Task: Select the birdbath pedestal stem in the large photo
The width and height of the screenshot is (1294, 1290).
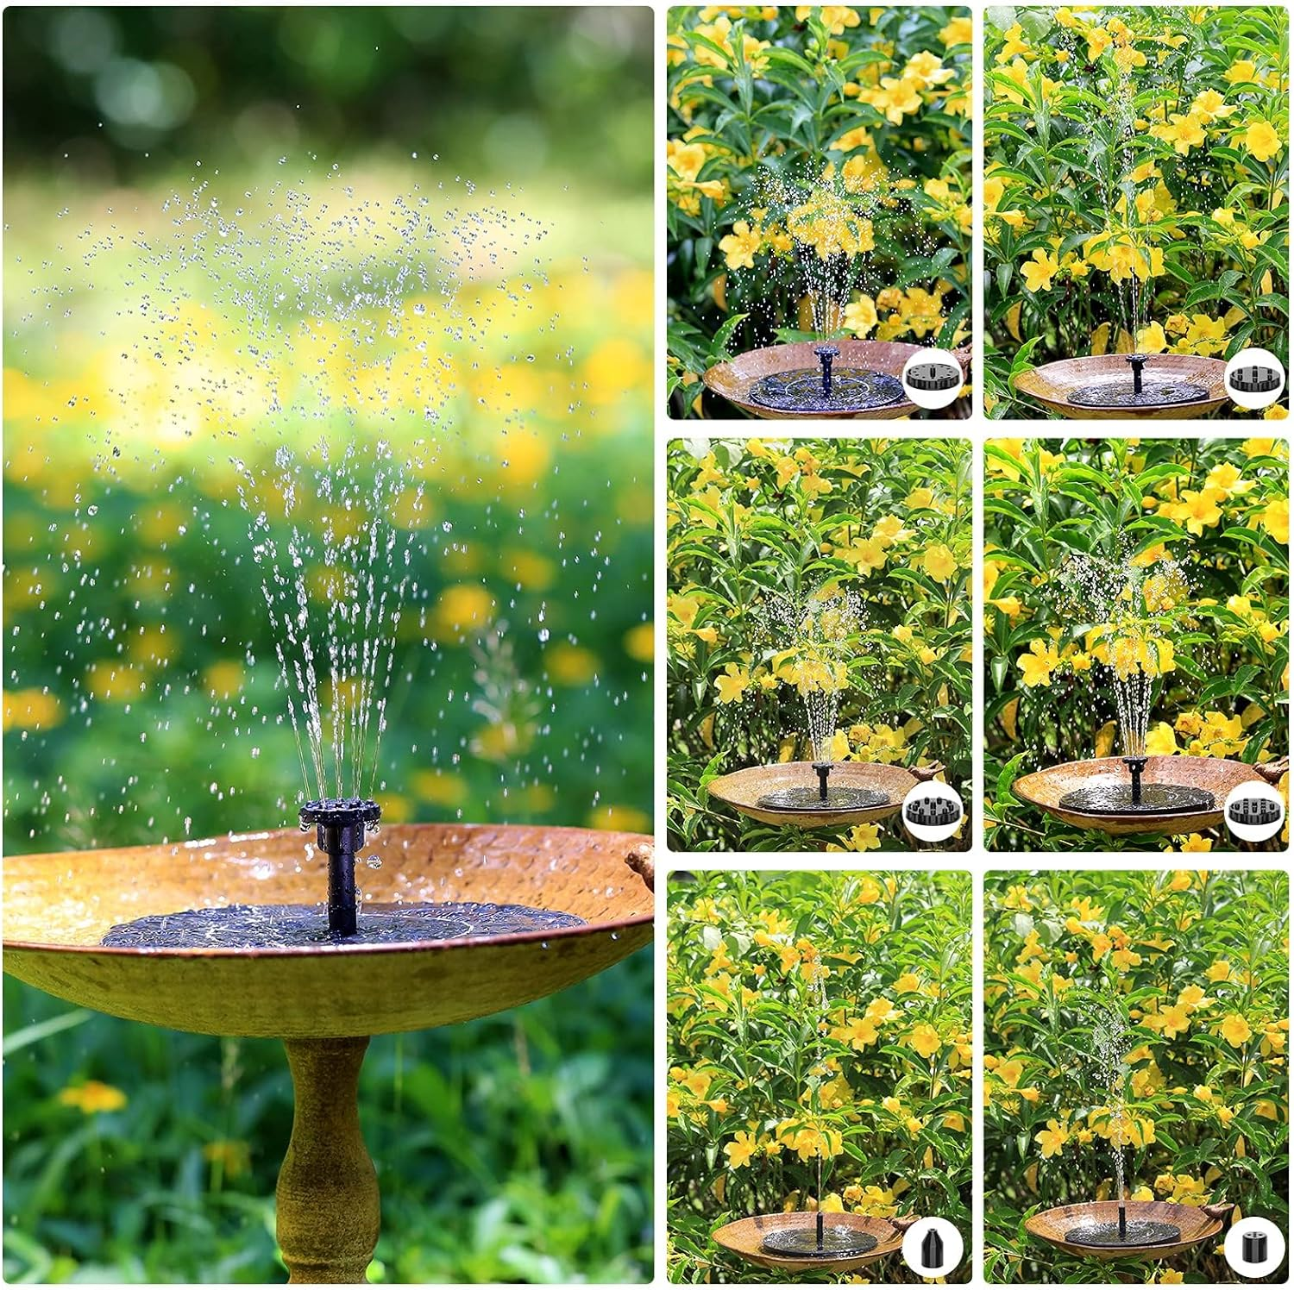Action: pos(328,1155)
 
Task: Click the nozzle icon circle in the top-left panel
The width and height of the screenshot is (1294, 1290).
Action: pos(933,378)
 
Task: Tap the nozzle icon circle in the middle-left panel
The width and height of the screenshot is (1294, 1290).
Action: pos(933,811)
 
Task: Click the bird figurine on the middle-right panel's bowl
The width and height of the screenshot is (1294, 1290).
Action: pos(1272,770)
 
